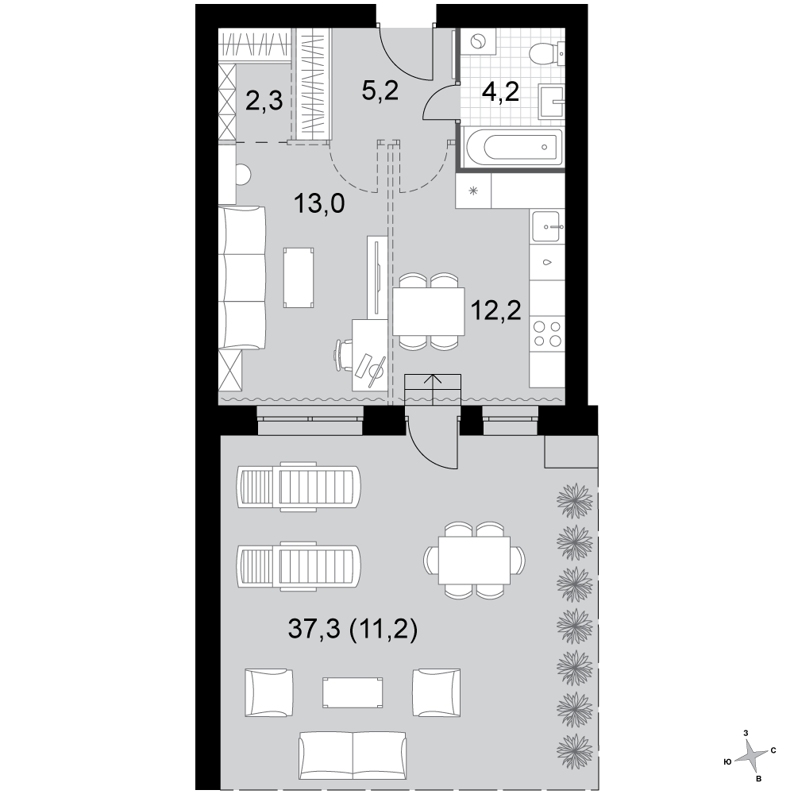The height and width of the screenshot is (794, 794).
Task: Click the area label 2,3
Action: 264,101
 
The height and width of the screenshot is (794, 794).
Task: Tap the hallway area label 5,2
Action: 380,91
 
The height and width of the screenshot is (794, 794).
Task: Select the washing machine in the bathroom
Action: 478,41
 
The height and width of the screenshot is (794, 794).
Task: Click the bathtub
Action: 512,148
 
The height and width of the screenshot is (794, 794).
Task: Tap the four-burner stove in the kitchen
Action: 547,333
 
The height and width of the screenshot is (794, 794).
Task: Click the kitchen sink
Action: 547,226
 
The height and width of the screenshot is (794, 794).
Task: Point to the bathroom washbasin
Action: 550,102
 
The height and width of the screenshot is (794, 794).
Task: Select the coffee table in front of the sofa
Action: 299,277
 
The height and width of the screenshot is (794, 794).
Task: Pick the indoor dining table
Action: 429,311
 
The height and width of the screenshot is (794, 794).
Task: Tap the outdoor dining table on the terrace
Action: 475,561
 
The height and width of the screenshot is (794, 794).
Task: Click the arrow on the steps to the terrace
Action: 434,389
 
